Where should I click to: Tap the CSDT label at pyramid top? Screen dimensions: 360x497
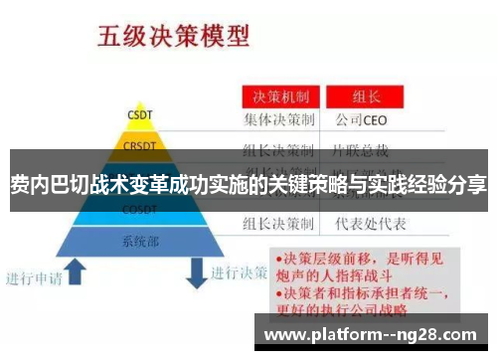coord(139,113)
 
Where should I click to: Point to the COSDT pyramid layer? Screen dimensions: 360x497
coord(138,210)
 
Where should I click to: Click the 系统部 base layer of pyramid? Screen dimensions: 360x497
coord(140,240)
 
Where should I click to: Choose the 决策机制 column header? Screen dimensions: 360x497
coord(282,97)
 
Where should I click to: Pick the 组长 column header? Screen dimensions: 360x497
coord(369,97)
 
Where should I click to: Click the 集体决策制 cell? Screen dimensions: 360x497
coord(282,120)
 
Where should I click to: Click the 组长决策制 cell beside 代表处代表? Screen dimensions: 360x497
coord(282,223)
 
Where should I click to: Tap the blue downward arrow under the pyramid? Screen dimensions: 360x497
coord(195,270)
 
